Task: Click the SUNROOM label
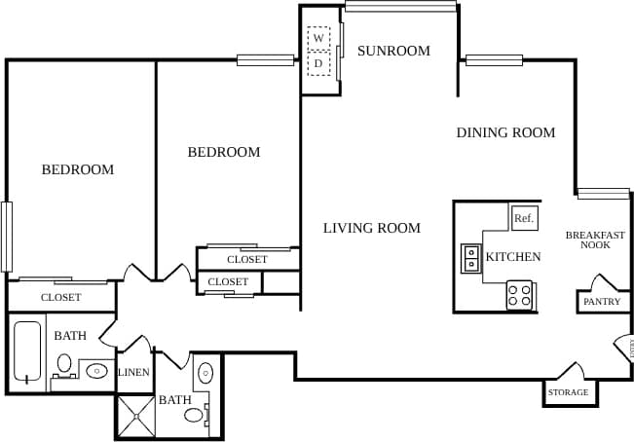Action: (x=392, y=51)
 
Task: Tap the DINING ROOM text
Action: (x=505, y=132)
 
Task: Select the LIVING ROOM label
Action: (x=372, y=228)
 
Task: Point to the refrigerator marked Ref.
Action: (x=524, y=218)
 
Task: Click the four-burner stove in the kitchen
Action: (x=520, y=295)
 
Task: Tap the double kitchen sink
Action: (x=471, y=258)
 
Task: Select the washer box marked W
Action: (x=318, y=38)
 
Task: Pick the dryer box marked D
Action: (x=318, y=64)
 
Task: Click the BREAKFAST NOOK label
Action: (x=595, y=239)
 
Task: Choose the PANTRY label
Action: (x=601, y=302)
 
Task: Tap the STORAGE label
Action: (x=568, y=392)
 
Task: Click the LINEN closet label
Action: (x=133, y=373)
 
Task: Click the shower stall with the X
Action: (x=135, y=416)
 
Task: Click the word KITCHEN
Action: (x=513, y=257)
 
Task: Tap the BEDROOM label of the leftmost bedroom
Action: (x=78, y=169)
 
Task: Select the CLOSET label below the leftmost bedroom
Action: (x=61, y=297)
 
